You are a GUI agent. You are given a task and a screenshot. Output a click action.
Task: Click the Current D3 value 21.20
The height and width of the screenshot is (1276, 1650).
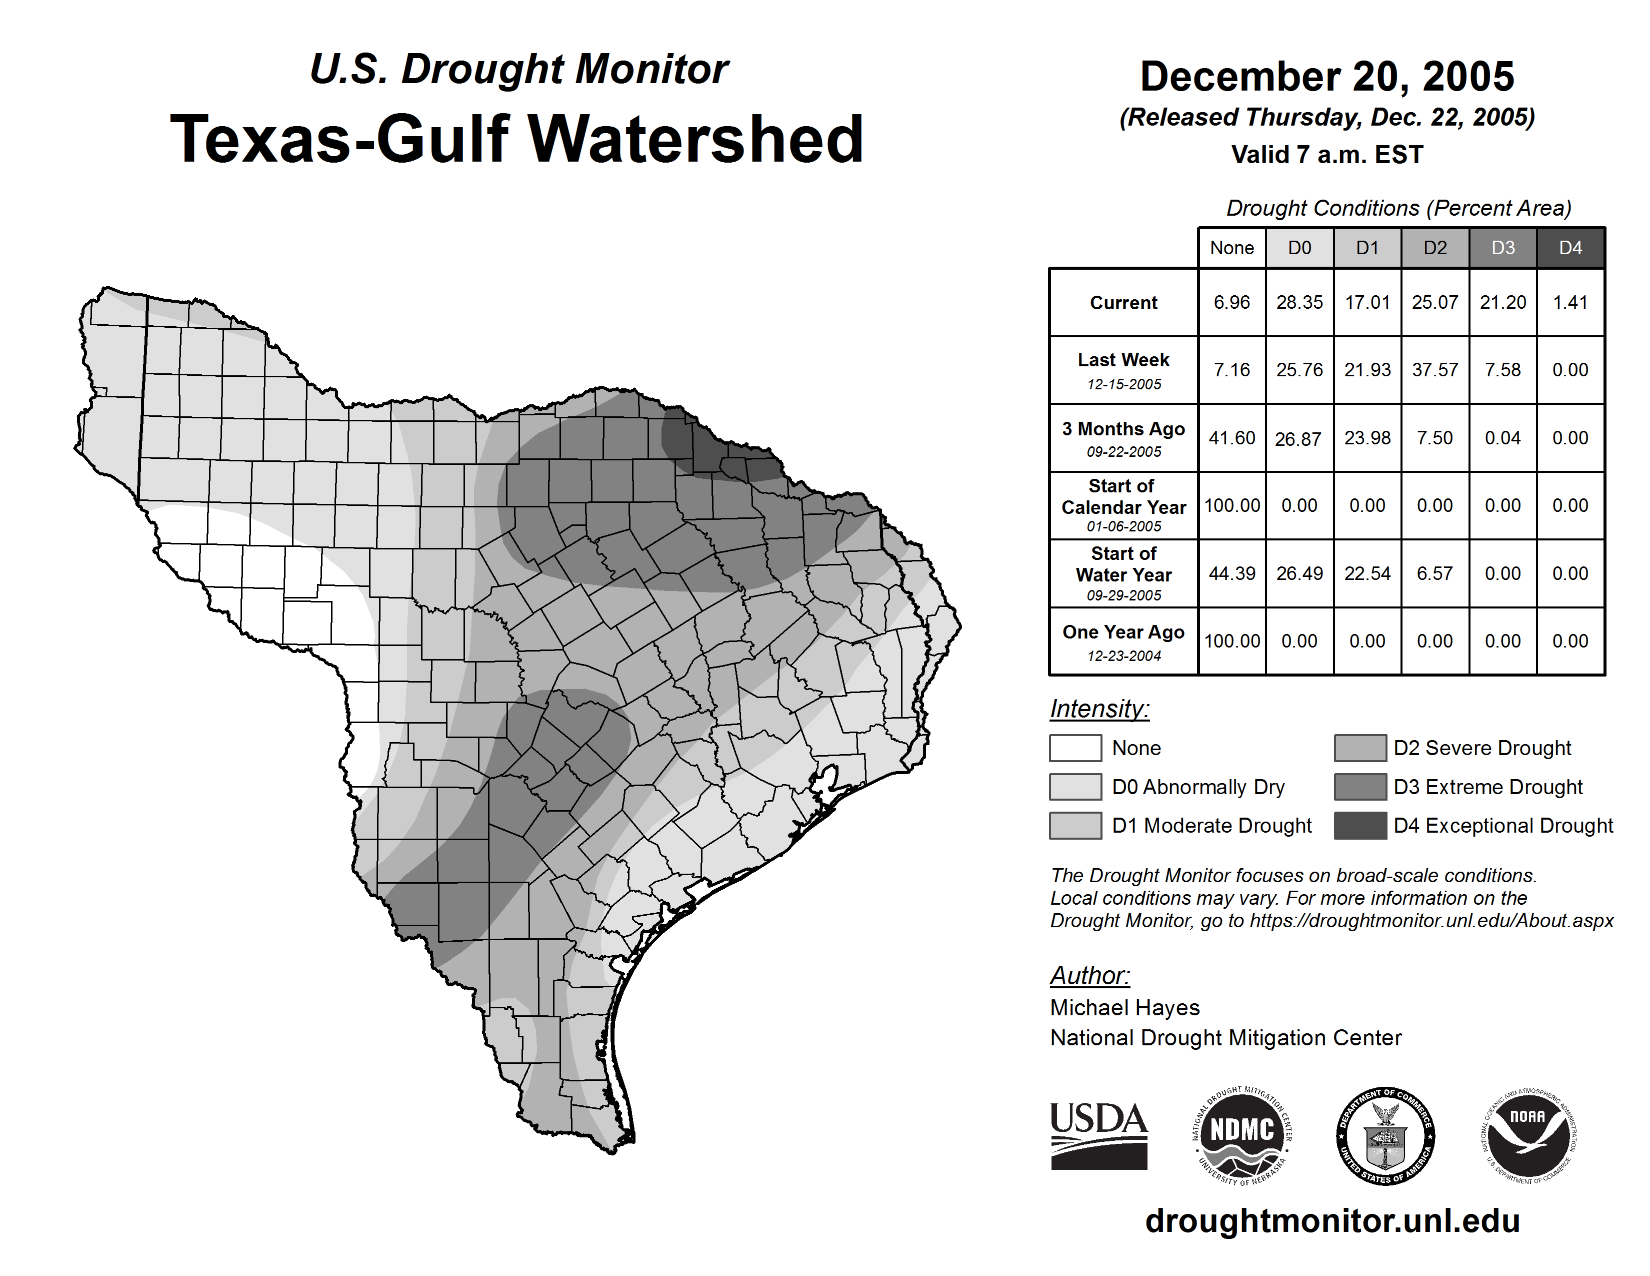click(x=1502, y=302)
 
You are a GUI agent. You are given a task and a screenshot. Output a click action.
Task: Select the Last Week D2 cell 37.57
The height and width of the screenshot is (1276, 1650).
click(x=1434, y=370)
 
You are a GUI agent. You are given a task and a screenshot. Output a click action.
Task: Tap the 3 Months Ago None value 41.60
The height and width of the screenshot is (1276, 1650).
click(x=1231, y=438)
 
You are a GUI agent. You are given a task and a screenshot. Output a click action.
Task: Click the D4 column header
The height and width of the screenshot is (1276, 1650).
click(x=1570, y=248)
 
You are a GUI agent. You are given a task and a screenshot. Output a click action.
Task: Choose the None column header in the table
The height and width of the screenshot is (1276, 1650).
click(x=1231, y=248)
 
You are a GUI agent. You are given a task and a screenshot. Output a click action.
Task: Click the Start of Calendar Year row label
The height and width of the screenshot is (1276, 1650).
click(x=1123, y=505)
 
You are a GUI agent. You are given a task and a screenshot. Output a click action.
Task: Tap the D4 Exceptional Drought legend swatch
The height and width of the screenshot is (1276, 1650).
click(x=1360, y=826)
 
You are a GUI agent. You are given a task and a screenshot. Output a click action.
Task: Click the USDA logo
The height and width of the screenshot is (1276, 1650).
click(x=1098, y=1135)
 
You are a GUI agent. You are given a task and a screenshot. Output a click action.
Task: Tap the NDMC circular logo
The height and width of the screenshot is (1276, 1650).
click(x=1242, y=1135)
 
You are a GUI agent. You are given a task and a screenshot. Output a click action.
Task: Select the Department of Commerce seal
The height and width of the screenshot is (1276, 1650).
click(x=1385, y=1135)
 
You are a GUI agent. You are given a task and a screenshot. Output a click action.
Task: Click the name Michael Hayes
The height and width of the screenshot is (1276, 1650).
click(x=1124, y=1008)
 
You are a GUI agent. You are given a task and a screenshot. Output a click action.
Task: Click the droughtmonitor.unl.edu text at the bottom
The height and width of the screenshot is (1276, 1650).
click(x=1332, y=1221)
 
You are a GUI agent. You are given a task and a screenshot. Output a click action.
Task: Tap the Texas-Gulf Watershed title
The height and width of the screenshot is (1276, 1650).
click(x=517, y=139)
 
